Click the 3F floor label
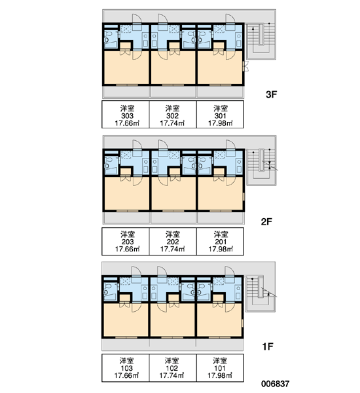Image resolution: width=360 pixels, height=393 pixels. point(272,94)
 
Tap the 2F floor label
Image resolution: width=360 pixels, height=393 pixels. point(266,221)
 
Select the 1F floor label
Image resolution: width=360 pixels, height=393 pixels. point(268,346)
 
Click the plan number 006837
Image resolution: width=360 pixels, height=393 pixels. point(276,383)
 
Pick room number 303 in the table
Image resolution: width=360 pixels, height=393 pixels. point(127,116)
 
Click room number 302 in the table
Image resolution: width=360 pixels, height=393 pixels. point(172,116)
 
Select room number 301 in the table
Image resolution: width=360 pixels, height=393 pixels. point(220,116)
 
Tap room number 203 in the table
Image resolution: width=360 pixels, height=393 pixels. point(128,242)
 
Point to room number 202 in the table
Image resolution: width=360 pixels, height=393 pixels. point(173,242)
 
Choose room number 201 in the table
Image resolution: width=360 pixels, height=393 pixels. point(221,242)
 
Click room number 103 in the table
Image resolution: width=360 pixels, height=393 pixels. point(127,368)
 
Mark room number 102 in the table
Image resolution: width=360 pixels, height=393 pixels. point(172,368)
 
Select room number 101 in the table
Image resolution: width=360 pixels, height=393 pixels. point(220,368)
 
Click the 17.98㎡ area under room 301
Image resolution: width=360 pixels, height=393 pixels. point(220,123)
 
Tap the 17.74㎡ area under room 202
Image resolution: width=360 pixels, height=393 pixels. point(173,249)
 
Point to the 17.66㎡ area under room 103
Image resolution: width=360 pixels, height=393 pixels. point(127,375)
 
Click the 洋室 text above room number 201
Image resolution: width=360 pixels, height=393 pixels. point(221,234)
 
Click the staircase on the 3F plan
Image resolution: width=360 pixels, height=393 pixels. point(261,41)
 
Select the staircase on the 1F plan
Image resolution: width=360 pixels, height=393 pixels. point(260,293)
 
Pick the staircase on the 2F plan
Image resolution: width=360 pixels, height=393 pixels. point(261,167)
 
